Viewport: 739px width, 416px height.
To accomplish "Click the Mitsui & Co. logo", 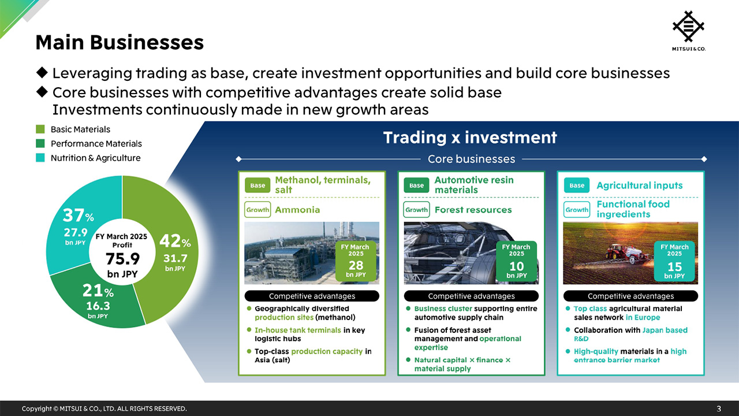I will (x=689, y=30).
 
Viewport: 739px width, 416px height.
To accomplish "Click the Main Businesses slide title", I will (x=120, y=42).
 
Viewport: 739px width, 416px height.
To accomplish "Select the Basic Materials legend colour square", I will (x=40, y=129).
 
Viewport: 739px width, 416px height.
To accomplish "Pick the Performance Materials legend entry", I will (x=96, y=144).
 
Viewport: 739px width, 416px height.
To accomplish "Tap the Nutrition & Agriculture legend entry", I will (x=95, y=158).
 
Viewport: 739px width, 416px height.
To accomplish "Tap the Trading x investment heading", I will (x=470, y=138).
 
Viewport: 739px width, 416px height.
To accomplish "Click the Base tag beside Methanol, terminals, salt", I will (x=257, y=185).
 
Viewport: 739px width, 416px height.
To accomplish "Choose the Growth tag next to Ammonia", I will (x=257, y=210).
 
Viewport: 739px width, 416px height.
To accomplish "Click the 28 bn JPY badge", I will (x=356, y=261).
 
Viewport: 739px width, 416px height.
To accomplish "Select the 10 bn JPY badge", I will (x=516, y=261).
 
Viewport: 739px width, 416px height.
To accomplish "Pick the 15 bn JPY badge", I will (x=674, y=262).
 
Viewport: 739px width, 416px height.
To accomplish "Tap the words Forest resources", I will (x=473, y=210).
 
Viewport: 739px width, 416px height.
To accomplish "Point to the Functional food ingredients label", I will (x=633, y=209).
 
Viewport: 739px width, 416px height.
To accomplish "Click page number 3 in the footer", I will (x=719, y=408).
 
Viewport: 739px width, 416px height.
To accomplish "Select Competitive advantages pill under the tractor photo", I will (x=630, y=296).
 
